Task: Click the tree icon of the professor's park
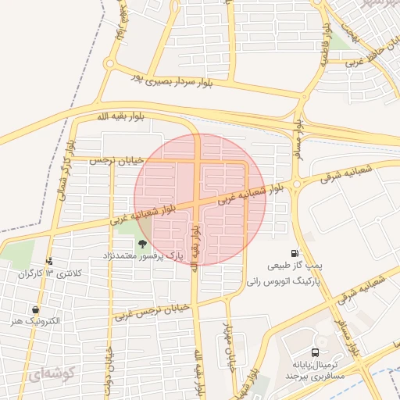tap(142, 244)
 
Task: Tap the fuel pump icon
tap(294, 253)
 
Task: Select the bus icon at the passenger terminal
tap(315, 352)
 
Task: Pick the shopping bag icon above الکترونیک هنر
tap(36, 309)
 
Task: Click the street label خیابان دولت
tap(108, 367)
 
